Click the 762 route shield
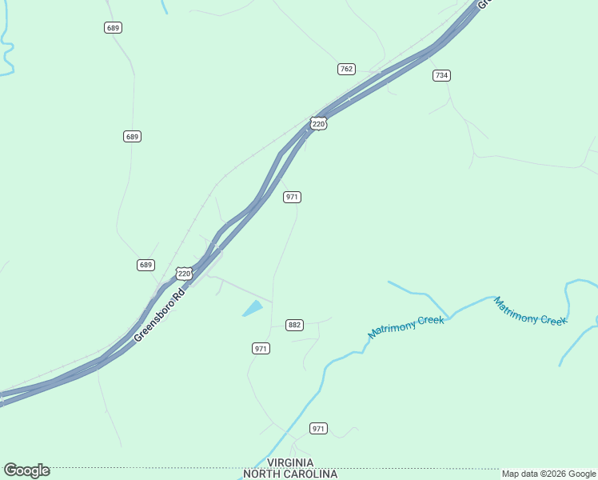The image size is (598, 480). pos(346,69)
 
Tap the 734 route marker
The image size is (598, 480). pos(441,75)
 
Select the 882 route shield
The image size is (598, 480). pos(295,325)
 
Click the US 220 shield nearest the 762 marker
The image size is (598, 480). pos(319,123)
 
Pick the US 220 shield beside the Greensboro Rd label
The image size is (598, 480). pos(185,274)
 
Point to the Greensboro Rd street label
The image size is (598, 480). pos(160,314)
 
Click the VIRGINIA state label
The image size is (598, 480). pos(290,463)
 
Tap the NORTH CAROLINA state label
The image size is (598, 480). pos(290,474)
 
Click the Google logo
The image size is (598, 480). pos(26,470)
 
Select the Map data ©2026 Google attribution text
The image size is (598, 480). pos(548,474)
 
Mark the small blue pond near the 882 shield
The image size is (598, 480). pos(253,308)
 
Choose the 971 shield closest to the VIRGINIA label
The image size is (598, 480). pos(319,429)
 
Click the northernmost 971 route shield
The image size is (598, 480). pos(292,197)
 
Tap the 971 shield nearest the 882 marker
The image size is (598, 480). pos(261,348)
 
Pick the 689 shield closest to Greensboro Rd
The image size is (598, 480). pos(146,265)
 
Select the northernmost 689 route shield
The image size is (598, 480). pos(113,28)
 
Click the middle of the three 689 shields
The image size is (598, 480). pos(133,137)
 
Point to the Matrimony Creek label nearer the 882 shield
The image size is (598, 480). pos(406,326)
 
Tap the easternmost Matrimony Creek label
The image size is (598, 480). pos(530,310)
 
